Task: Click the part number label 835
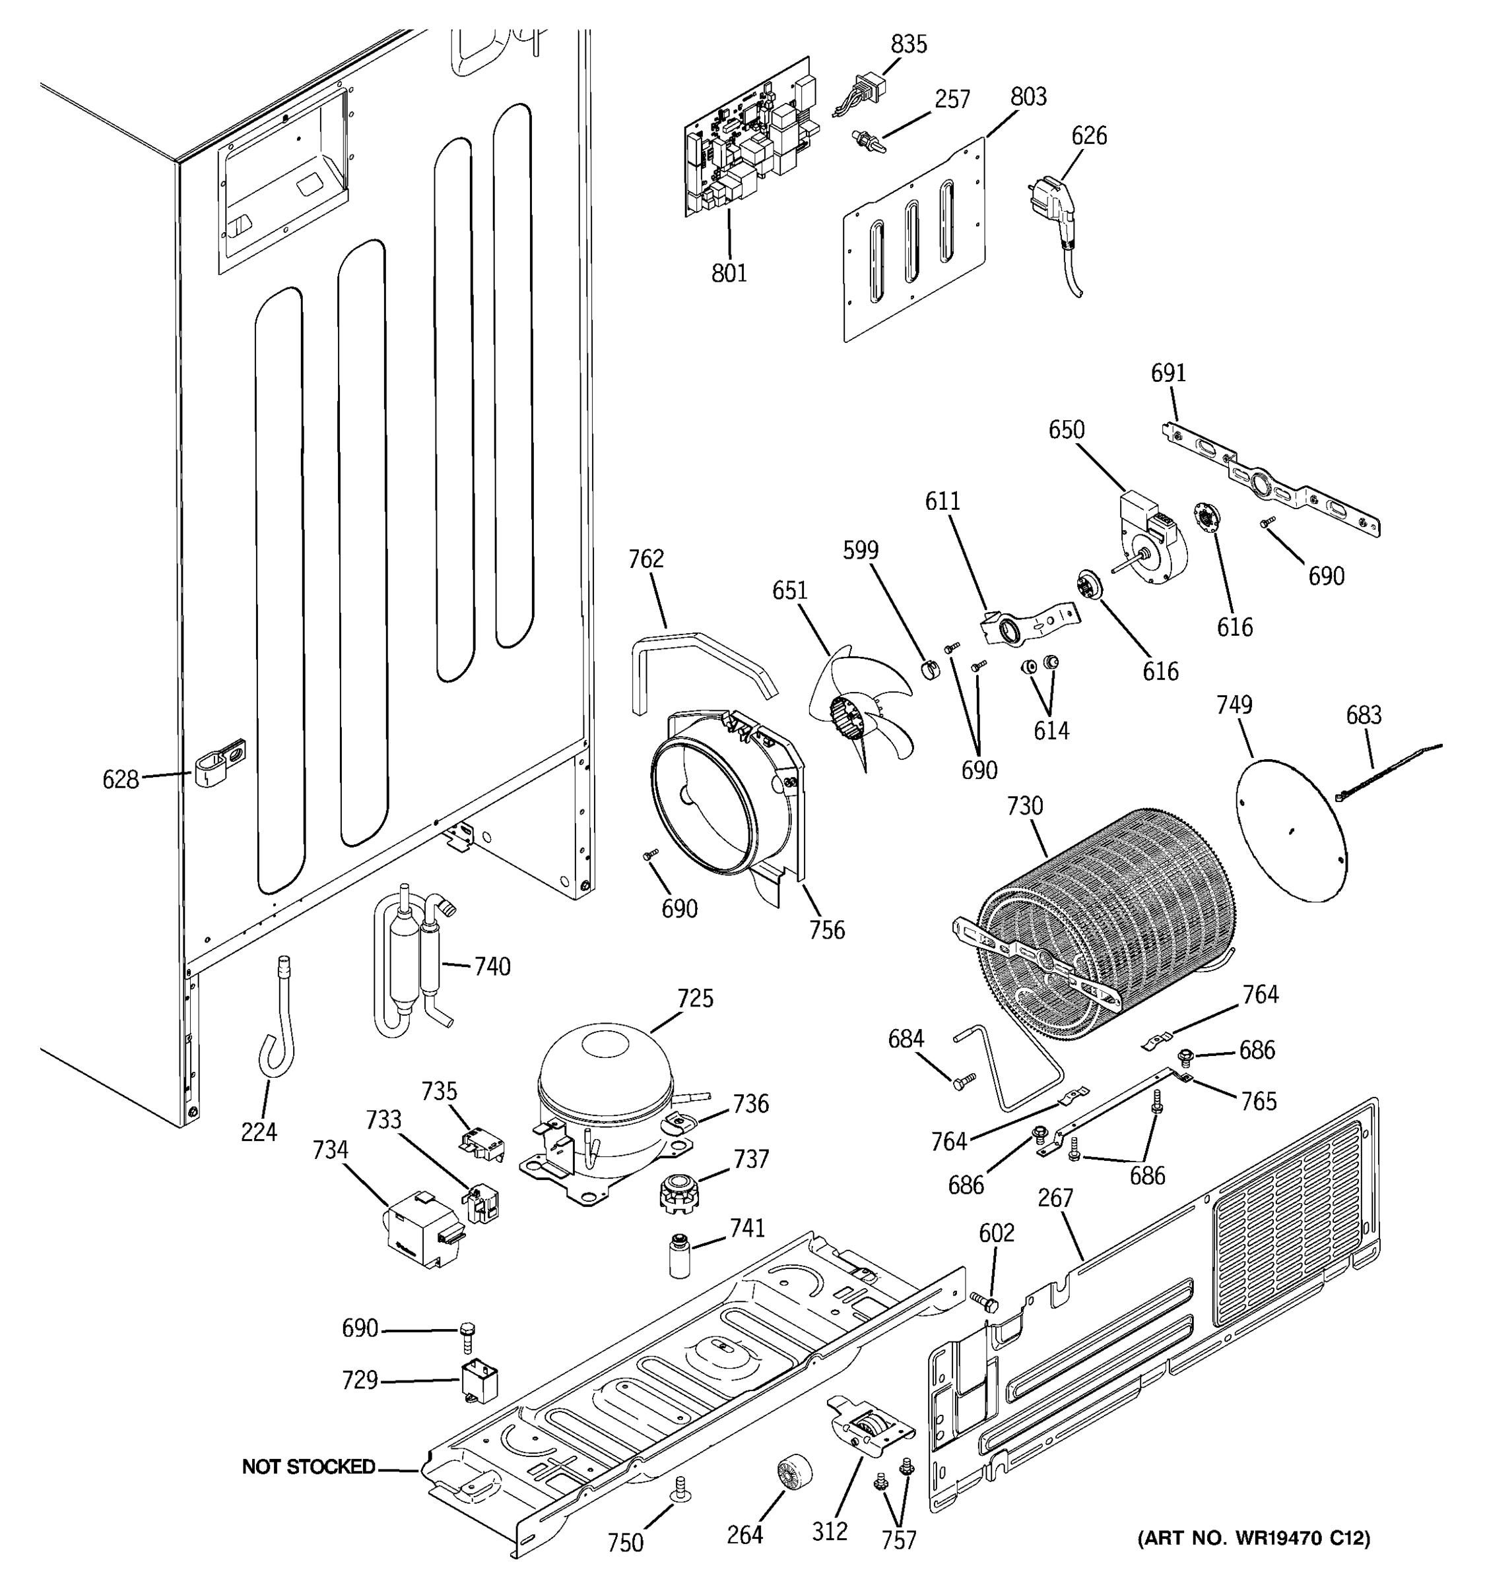coord(908,45)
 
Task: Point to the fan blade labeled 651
coord(861,708)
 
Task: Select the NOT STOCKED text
coord(308,1467)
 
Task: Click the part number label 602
coord(996,1233)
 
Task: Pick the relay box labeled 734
coord(420,1230)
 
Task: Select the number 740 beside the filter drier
coord(492,967)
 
